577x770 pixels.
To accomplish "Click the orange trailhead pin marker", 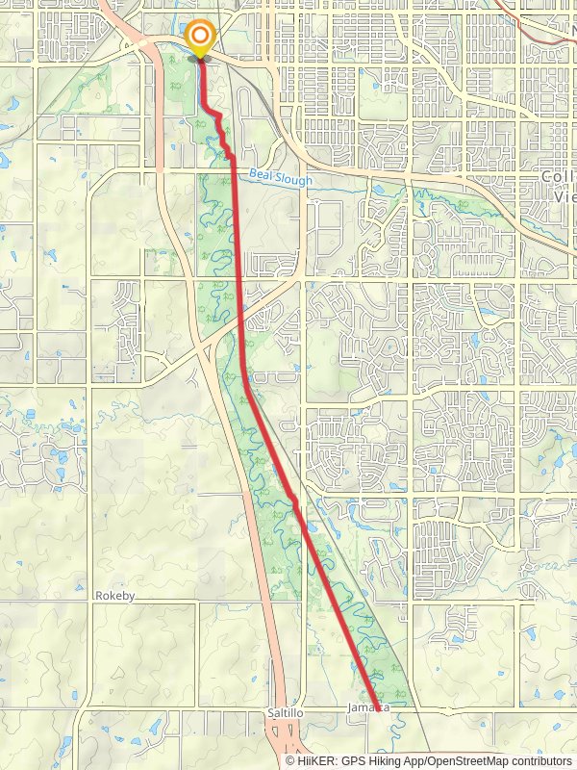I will (200, 39).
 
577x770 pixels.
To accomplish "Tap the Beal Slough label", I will (279, 176).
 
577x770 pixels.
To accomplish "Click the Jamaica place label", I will (370, 707).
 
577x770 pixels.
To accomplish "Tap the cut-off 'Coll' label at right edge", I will (558, 177).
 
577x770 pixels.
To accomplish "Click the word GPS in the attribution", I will (360, 760).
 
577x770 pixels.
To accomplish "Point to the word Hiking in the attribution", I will (392, 760).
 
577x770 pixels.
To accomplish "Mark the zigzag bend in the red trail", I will (222, 130).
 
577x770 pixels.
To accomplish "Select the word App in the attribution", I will (423, 760).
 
